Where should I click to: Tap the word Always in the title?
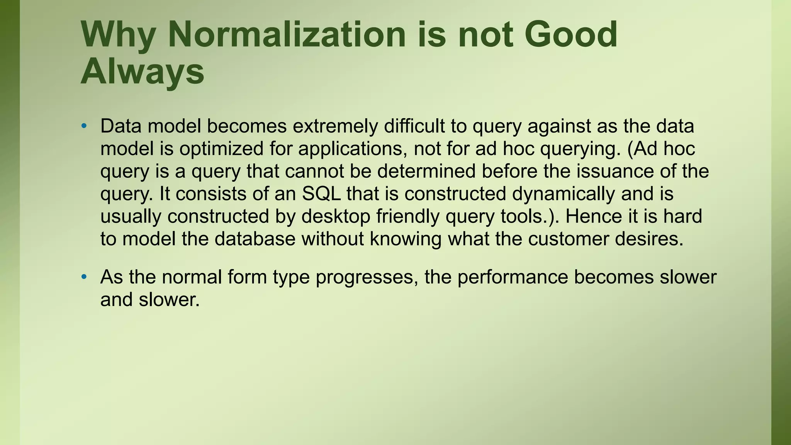pyautogui.click(x=142, y=72)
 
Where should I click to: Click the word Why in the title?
pyautogui.click(x=118, y=35)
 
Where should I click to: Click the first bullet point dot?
pyautogui.click(x=84, y=126)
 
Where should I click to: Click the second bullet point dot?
pyautogui.click(x=84, y=277)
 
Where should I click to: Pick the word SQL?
pyautogui.click(x=321, y=194)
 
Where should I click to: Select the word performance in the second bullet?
pyautogui.click(x=513, y=277)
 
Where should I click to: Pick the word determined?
pyautogui.click(x=426, y=172)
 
